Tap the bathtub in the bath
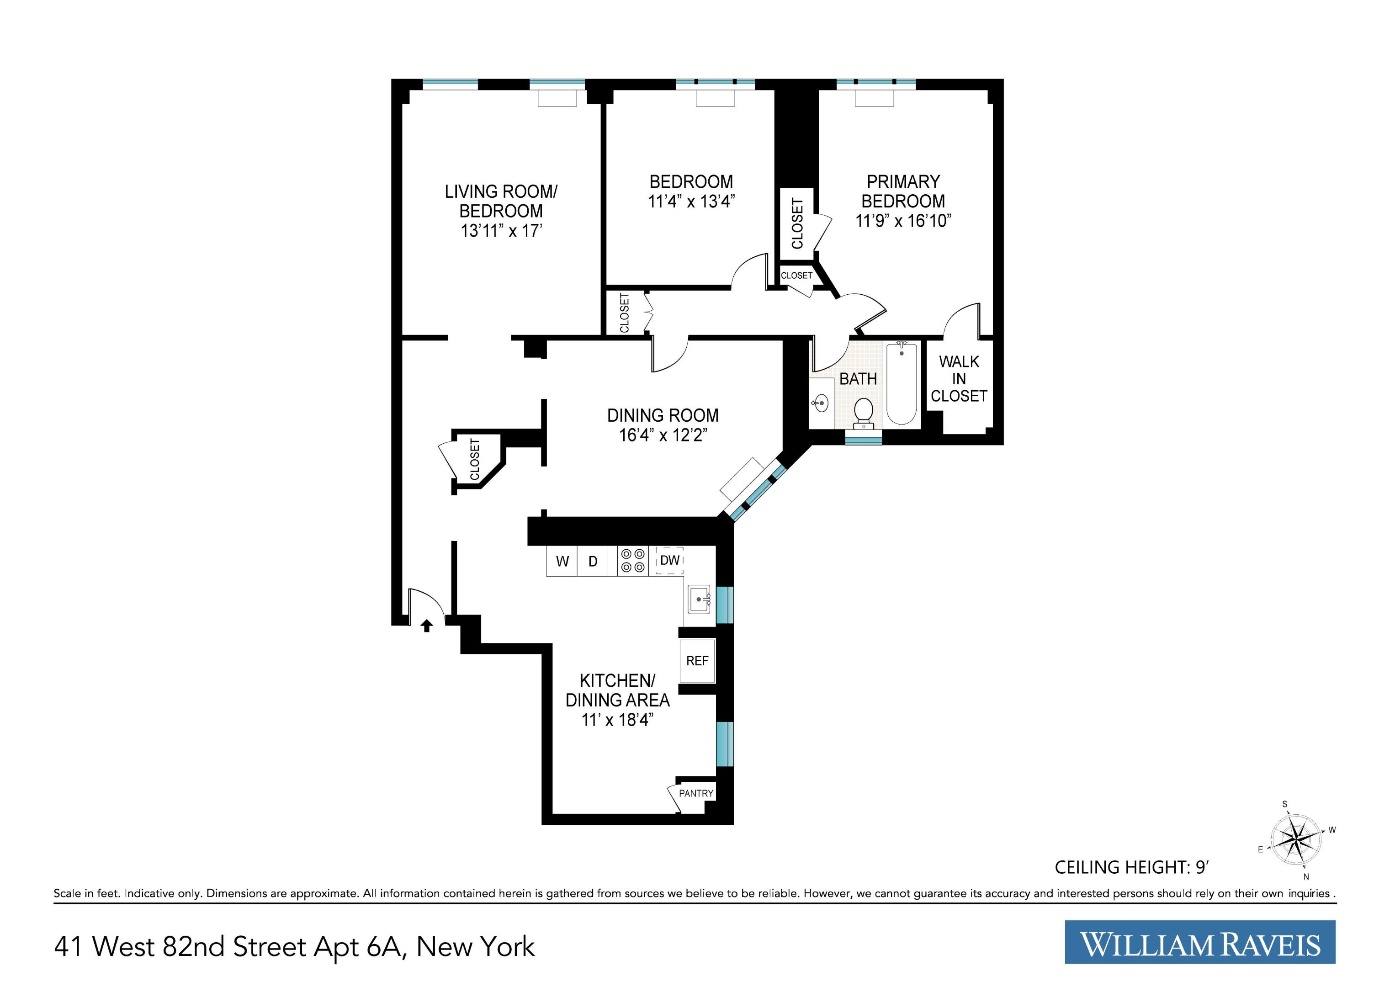click(902, 383)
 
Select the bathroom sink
click(821, 402)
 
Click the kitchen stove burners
click(632, 561)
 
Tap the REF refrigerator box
click(697, 661)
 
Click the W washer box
click(562, 562)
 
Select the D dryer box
click(593, 562)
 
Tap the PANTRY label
click(696, 793)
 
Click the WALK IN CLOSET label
click(959, 379)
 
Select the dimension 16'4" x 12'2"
click(663, 435)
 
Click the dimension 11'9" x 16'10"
click(903, 221)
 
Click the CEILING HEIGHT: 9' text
click(1131, 867)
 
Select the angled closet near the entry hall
click(475, 459)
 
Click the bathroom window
click(864, 440)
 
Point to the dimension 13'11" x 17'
click(501, 231)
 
